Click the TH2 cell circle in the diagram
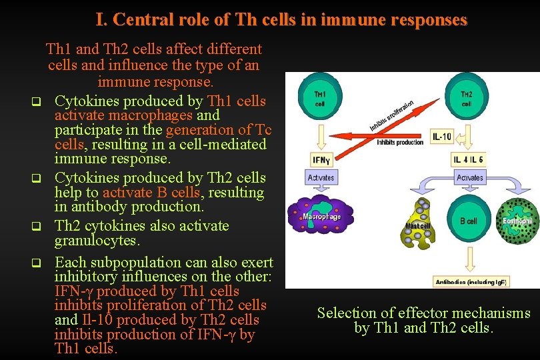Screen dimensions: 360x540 [466, 99]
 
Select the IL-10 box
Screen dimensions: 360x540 [443, 137]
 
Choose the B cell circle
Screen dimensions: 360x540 [469, 219]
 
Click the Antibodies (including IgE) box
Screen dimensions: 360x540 [470, 282]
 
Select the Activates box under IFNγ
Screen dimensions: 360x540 [321, 178]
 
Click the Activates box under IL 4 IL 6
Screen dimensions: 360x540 [470, 178]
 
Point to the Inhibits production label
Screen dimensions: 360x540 [400, 142]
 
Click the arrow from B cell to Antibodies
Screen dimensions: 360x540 [469, 259]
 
